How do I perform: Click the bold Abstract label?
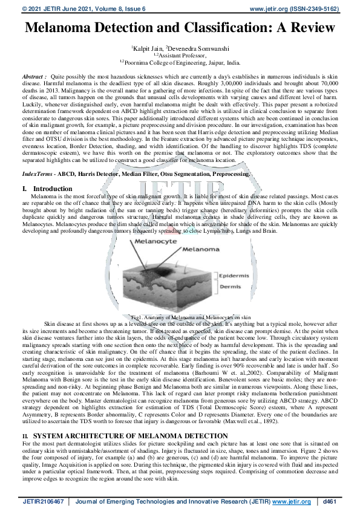tap(34, 77)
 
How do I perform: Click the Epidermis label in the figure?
tap(232, 276)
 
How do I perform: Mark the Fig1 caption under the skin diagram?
tap(190, 317)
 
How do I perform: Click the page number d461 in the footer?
tap(330, 502)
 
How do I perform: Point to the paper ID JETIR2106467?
tap(45, 502)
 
